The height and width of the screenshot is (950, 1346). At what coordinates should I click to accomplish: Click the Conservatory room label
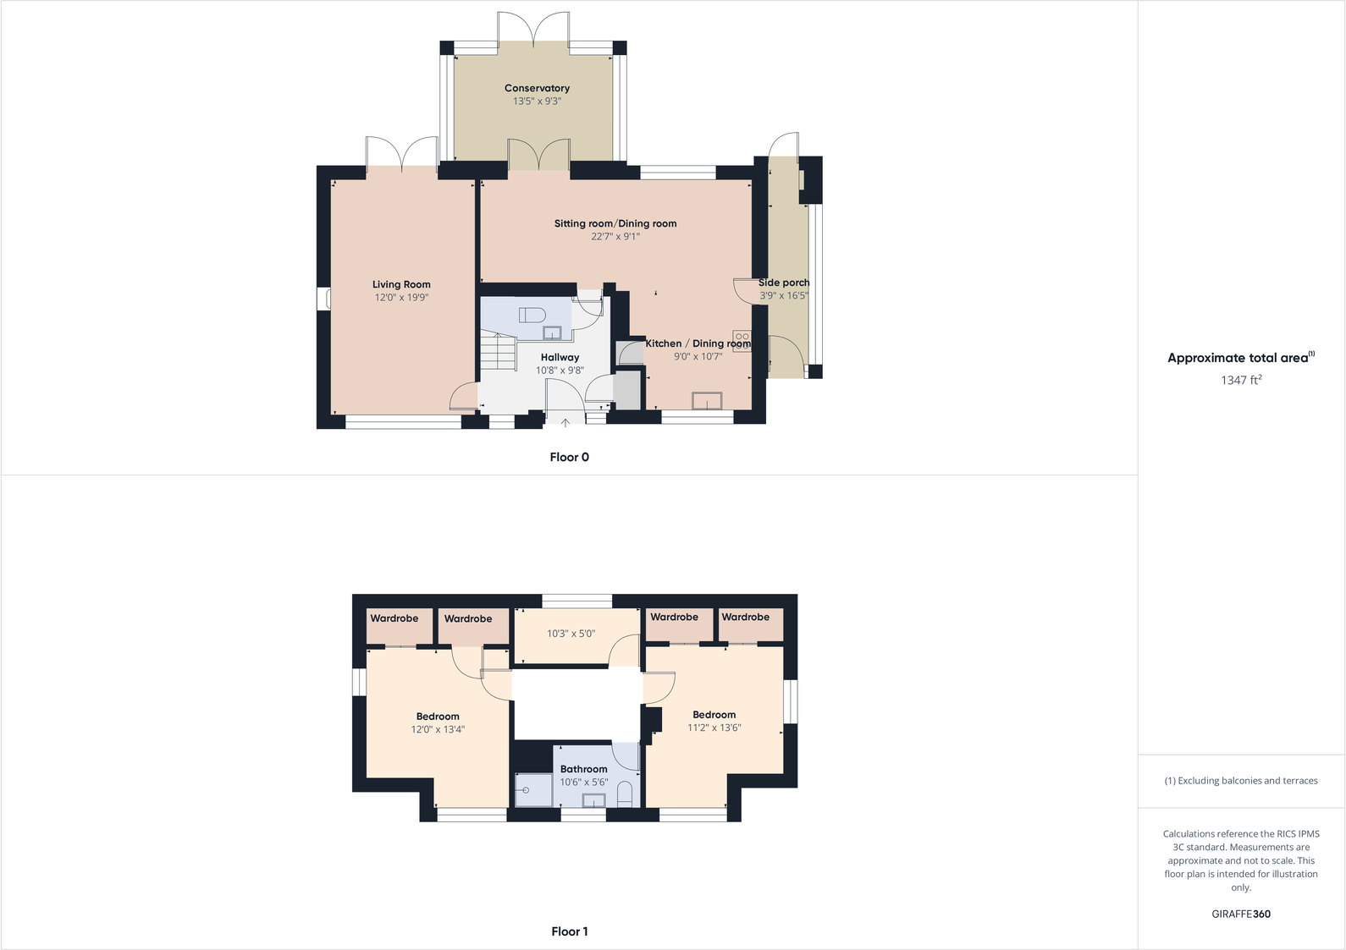pos(537,88)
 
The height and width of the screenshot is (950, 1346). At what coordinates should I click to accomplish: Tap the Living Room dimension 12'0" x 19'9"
pos(402,298)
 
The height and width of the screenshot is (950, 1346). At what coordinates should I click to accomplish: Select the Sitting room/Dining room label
pos(615,223)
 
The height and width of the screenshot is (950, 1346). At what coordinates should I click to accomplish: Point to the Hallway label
pos(560,357)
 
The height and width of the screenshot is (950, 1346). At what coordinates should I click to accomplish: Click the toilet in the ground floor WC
pos(532,315)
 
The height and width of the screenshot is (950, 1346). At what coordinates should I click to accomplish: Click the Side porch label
pos(784,283)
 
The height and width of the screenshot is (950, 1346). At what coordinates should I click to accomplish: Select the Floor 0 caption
pos(569,457)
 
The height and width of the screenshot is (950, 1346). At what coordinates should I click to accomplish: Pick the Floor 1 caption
pos(569,931)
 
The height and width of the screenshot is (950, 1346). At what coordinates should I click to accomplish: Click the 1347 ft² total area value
pos(1241,380)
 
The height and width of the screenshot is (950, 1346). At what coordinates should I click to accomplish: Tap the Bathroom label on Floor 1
pos(583,769)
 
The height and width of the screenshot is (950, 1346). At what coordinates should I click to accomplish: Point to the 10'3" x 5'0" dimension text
pos(571,634)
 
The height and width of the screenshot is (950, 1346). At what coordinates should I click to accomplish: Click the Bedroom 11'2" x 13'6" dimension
pos(714,728)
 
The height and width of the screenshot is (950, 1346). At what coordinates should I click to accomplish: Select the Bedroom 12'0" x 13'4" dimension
pos(438,729)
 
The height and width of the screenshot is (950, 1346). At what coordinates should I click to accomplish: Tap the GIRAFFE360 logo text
pos(1241,914)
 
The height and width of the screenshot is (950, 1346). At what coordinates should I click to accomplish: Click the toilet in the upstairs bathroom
pos(625,794)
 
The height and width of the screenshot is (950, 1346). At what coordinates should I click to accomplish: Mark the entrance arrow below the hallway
pos(565,422)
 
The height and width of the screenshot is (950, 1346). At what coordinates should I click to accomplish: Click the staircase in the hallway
pos(498,352)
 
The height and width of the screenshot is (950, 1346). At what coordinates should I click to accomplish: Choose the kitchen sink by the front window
pos(707,400)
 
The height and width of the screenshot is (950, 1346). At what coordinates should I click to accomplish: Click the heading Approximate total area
pos(1238,358)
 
